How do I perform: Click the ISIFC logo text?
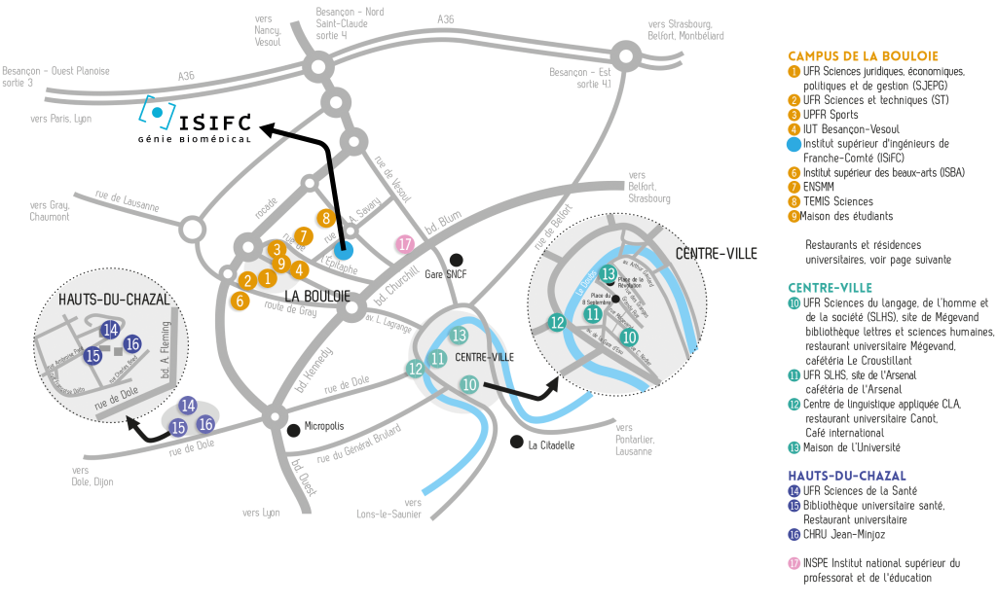tap(214, 122)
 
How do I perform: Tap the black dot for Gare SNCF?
tap(457, 260)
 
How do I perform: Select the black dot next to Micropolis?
tap(293, 429)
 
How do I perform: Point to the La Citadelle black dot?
tap(516, 442)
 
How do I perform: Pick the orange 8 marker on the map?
tap(326, 218)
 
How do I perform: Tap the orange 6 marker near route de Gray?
tap(240, 301)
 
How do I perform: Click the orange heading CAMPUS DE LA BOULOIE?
tap(863, 55)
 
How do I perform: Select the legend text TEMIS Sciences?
tap(838, 201)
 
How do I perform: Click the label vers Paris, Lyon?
tap(60, 119)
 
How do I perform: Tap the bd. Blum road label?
tap(443, 222)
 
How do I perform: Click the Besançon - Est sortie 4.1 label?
tap(579, 78)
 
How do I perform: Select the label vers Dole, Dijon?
tap(92, 476)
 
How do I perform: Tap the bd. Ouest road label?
tap(303, 478)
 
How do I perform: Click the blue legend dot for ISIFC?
tap(794, 144)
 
